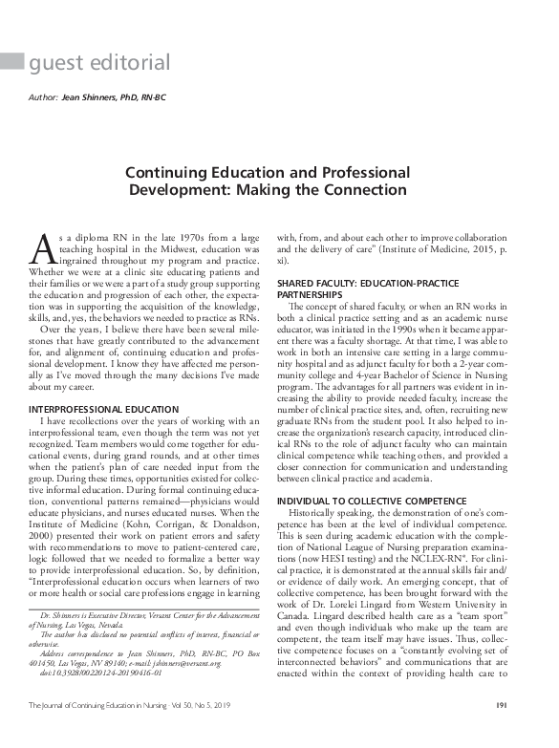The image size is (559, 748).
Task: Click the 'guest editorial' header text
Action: tap(100, 64)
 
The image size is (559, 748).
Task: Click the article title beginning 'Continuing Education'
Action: tap(280, 182)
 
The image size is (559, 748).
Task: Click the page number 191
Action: tap(527, 732)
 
